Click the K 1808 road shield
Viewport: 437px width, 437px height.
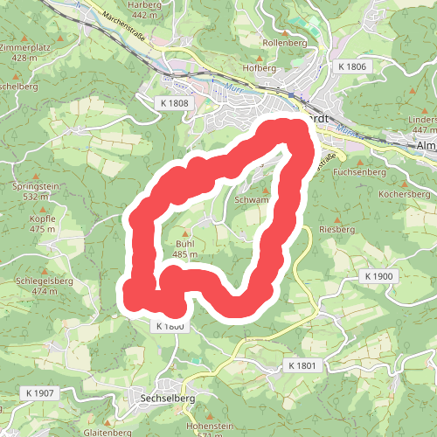(x=175, y=103)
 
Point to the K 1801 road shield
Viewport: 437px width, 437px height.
(x=303, y=365)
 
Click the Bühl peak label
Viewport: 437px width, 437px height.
(x=184, y=243)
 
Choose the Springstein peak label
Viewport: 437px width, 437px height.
(x=34, y=187)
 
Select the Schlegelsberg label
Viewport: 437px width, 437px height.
(x=43, y=281)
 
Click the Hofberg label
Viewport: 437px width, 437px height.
(x=260, y=67)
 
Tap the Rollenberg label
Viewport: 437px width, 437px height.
(x=281, y=40)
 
